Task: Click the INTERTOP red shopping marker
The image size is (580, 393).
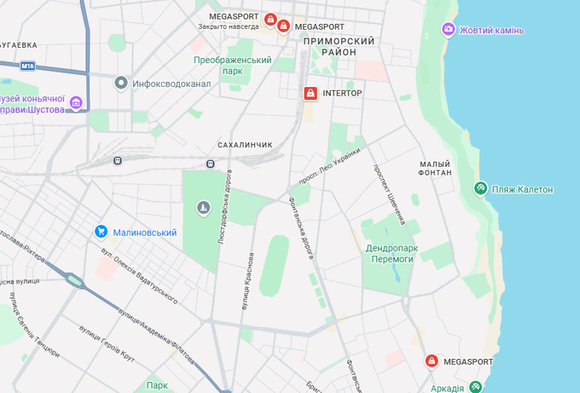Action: point(310,94)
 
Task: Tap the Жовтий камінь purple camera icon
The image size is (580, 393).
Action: point(449,30)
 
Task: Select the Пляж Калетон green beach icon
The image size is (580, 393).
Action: point(480,189)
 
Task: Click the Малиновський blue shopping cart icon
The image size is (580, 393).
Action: point(101,232)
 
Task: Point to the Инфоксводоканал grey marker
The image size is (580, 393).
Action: point(122,83)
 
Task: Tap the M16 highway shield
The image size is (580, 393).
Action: point(28,66)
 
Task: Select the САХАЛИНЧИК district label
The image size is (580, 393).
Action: point(245,145)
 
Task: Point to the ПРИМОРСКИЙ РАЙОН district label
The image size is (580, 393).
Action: point(340,47)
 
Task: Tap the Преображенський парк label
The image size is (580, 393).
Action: point(233,65)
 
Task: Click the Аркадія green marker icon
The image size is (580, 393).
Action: point(476,387)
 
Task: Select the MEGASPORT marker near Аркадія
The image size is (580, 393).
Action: point(431,361)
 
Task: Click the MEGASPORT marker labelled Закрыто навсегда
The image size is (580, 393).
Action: point(270,19)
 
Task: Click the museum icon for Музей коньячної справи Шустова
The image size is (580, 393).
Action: point(76,104)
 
